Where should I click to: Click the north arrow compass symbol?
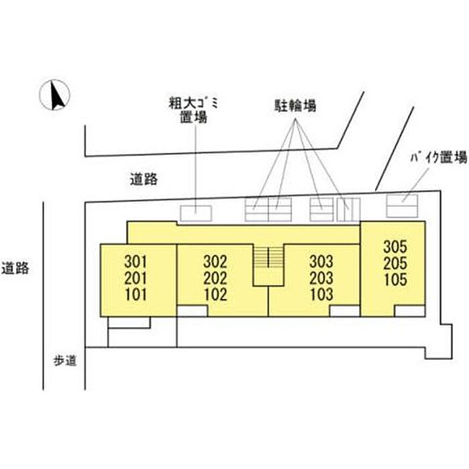(55, 95)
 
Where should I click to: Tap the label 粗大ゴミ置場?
(194, 110)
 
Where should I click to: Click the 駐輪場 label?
(295, 106)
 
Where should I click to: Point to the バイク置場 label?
(438, 157)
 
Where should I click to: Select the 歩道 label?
(65, 360)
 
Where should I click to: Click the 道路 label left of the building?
(15, 268)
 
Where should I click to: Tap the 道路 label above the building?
(143, 179)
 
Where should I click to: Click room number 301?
(136, 262)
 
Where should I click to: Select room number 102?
(215, 294)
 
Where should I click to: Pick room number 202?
(215, 278)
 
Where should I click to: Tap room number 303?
(321, 262)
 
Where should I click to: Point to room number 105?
(395, 279)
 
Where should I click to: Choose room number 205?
(395, 263)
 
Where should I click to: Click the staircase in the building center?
(268, 265)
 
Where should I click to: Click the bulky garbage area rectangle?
(196, 213)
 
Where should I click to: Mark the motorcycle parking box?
(402, 206)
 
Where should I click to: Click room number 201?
(136, 278)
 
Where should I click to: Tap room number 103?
(321, 294)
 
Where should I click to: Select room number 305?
(395, 247)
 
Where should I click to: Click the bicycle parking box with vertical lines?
(348, 209)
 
